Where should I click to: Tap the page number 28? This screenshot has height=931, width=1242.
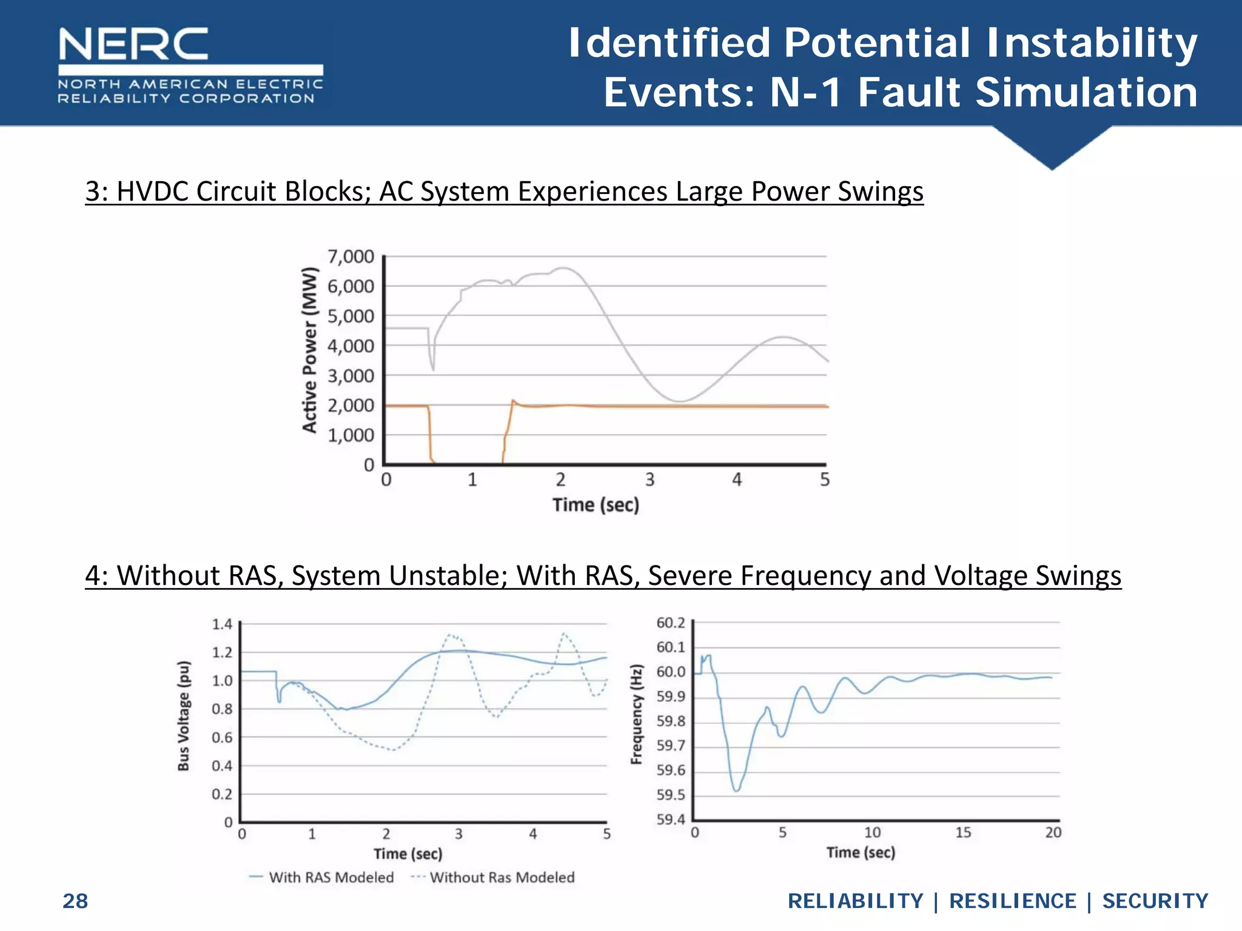[75, 901]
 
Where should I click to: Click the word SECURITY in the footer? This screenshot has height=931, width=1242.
[1155, 901]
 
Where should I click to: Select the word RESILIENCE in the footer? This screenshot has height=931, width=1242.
[1012, 901]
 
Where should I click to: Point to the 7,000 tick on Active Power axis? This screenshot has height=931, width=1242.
[351, 257]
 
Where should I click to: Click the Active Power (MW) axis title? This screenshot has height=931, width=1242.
[310, 350]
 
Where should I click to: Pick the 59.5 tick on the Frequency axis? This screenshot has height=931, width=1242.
[671, 795]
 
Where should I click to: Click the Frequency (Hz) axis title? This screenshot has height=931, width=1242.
[636, 715]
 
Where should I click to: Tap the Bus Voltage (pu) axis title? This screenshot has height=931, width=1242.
[184, 716]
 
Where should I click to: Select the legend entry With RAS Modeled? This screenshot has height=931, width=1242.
[331, 877]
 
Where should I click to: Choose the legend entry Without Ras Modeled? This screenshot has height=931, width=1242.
[502, 877]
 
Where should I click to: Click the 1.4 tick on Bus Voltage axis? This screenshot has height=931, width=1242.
[222, 624]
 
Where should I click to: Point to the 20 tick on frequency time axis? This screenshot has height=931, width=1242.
[1053, 833]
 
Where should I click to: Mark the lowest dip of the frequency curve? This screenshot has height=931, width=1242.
[736, 790]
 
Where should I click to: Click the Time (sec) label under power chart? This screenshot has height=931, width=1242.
[596, 505]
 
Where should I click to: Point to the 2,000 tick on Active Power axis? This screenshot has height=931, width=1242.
[351, 405]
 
